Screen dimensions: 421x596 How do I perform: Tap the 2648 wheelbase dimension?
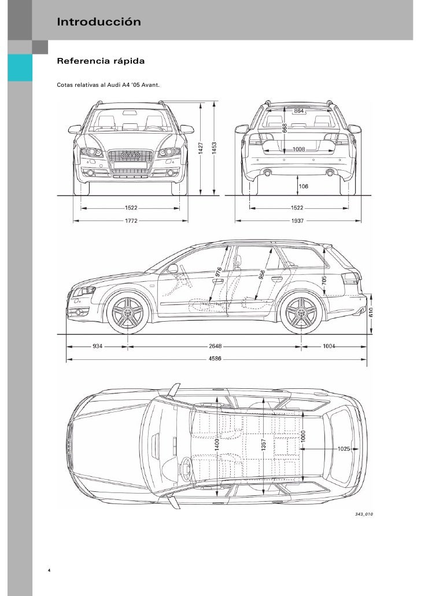click(x=215, y=347)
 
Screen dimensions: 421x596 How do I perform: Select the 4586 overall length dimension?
click(x=215, y=359)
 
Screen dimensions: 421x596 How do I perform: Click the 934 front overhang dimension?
click(x=98, y=347)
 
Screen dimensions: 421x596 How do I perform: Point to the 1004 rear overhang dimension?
click(x=330, y=347)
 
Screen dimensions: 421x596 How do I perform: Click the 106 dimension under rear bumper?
click(x=303, y=186)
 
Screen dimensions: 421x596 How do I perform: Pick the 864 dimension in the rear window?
click(x=300, y=110)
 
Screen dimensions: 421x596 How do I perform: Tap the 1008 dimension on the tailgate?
click(x=299, y=149)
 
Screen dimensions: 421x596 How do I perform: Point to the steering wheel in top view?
click(x=187, y=469)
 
